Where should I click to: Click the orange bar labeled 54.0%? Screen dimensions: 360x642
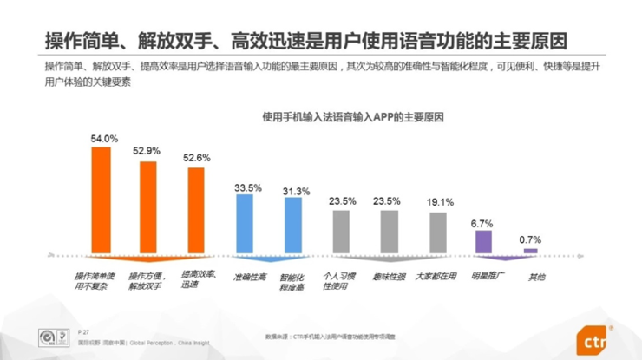tap(102, 200)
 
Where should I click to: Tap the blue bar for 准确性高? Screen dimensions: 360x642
tap(245, 223)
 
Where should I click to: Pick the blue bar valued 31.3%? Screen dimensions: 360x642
tap(293, 225)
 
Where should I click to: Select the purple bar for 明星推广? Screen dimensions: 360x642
tap(483, 241)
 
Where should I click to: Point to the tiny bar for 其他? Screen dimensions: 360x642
tap(531, 251)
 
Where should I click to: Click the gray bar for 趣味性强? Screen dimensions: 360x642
tap(389, 230)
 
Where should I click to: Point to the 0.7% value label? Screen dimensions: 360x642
tap(530, 239)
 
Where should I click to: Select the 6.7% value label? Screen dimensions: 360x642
tap(482, 223)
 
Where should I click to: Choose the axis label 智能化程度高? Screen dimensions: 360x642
tap(293, 281)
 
